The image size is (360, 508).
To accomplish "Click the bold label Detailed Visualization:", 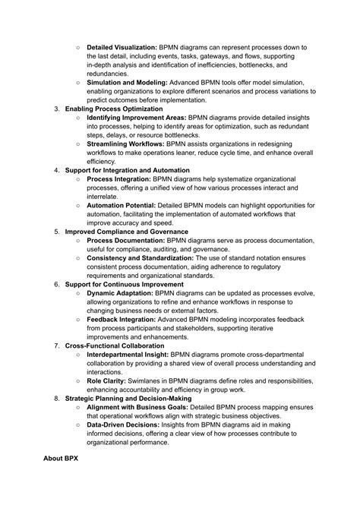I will pyautogui.click(x=122, y=47).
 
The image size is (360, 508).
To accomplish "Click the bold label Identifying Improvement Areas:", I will pyautogui.click(x=136, y=118).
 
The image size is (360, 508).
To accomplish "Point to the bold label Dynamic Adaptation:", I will pyautogui.click(x=120, y=293).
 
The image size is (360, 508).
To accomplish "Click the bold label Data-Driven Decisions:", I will pyautogui.click(x=123, y=424).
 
